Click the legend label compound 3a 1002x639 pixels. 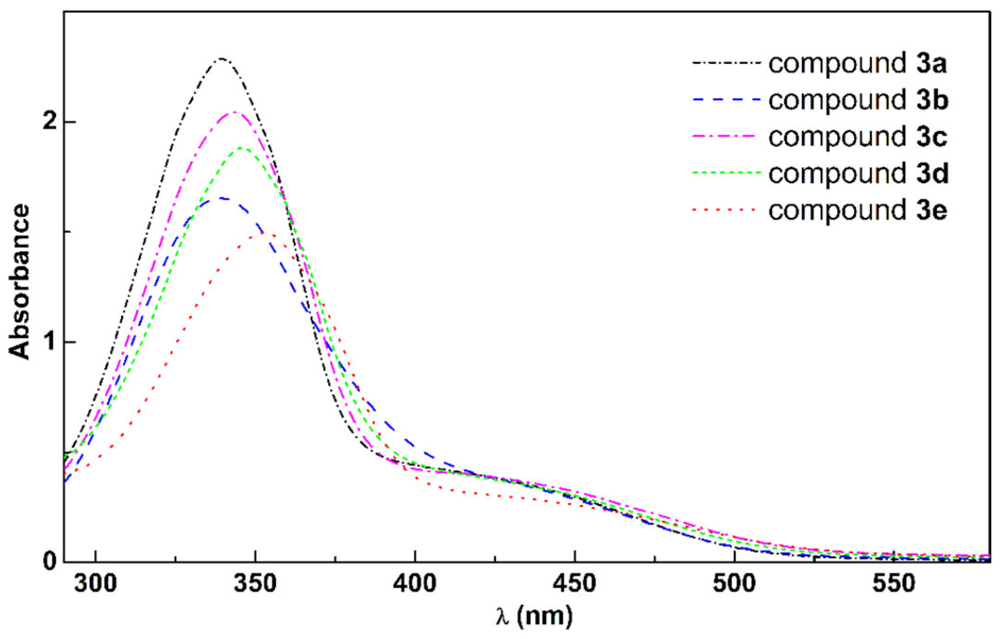[858, 63]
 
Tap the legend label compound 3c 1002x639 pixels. [858, 137]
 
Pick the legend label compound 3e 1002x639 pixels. [858, 211]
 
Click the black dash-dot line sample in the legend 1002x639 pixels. [726, 62]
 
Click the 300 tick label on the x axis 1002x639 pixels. [96, 583]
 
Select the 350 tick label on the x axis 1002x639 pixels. [255, 583]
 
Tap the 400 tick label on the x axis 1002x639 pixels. [415, 583]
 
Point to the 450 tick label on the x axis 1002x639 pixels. [575, 583]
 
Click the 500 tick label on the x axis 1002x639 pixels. [734, 583]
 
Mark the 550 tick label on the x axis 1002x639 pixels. [894, 583]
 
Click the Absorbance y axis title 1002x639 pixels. [20, 282]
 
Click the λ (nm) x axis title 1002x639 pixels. [534, 616]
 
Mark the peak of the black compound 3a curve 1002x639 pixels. [221, 59]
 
